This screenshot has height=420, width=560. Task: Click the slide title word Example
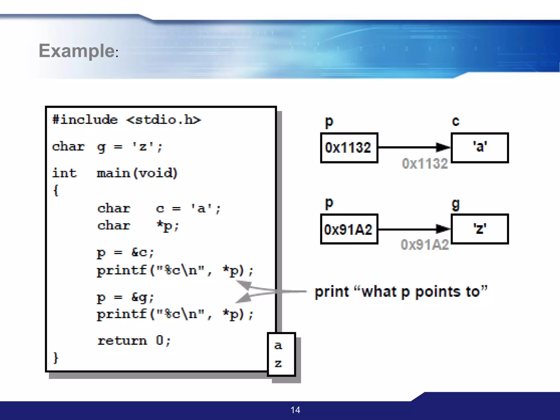(x=77, y=51)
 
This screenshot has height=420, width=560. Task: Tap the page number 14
(x=295, y=410)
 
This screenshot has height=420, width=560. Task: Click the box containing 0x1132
(x=349, y=148)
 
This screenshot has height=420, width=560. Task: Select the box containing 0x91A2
(x=349, y=229)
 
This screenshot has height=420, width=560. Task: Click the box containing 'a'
(x=480, y=148)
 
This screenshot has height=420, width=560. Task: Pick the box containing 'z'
(x=480, y=229)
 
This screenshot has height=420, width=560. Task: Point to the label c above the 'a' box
(x=456, y=121)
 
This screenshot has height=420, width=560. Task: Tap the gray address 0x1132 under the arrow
(x=425, y=164)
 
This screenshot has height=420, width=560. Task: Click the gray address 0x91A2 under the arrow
(x=425, y=245)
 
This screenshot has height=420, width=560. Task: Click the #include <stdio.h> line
(x=126, y=120)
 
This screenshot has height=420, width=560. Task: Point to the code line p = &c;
(x=126, y=253)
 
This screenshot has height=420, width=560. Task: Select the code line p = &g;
(x=126, y=297)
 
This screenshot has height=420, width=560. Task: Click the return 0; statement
(x=134, y=341)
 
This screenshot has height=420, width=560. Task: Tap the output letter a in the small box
(x=278, y=346)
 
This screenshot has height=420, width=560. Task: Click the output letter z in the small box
(x=278, y=364)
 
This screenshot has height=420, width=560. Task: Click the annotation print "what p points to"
(x=401, y=292)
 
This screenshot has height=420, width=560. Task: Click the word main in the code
(x=113, y=173)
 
